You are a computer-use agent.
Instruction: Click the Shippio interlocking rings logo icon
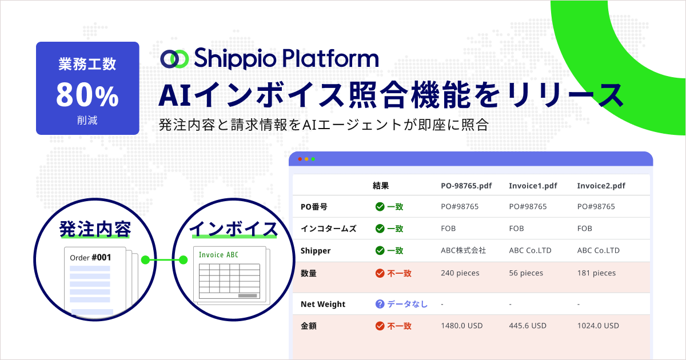tap(174, 58)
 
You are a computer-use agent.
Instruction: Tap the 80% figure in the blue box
tap(87, 95)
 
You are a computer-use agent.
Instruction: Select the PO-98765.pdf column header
tap(467, 186)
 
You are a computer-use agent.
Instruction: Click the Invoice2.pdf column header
tap(601, 186)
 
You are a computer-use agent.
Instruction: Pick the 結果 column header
tap(381, 186)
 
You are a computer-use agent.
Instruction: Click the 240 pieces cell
tap(461, 273)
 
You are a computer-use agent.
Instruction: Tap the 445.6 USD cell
tap(528, 326)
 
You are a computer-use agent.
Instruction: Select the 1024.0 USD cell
tap(598, 326)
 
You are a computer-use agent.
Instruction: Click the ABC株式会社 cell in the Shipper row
tap(463, 250)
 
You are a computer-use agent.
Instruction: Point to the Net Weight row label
tap(323, 304)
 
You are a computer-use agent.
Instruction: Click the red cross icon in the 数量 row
tap(380, 273)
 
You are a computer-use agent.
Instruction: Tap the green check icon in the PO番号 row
tap(380, 206)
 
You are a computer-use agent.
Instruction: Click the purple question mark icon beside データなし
tap(380, 304)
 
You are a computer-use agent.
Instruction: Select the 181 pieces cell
tap(597, 273)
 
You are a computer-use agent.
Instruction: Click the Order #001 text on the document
tap(90, 258)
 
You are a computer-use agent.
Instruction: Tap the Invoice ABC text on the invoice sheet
tap(218, 255)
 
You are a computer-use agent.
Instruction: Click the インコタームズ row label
tap(328, 229)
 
